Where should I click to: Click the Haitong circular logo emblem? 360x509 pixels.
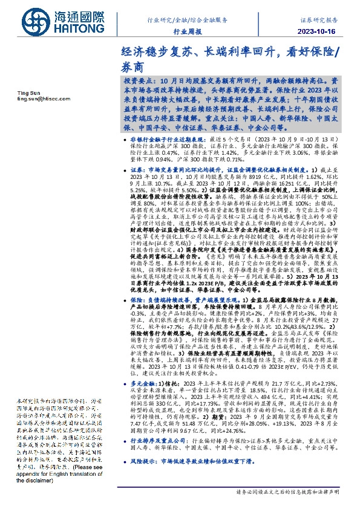click(26, 24)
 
